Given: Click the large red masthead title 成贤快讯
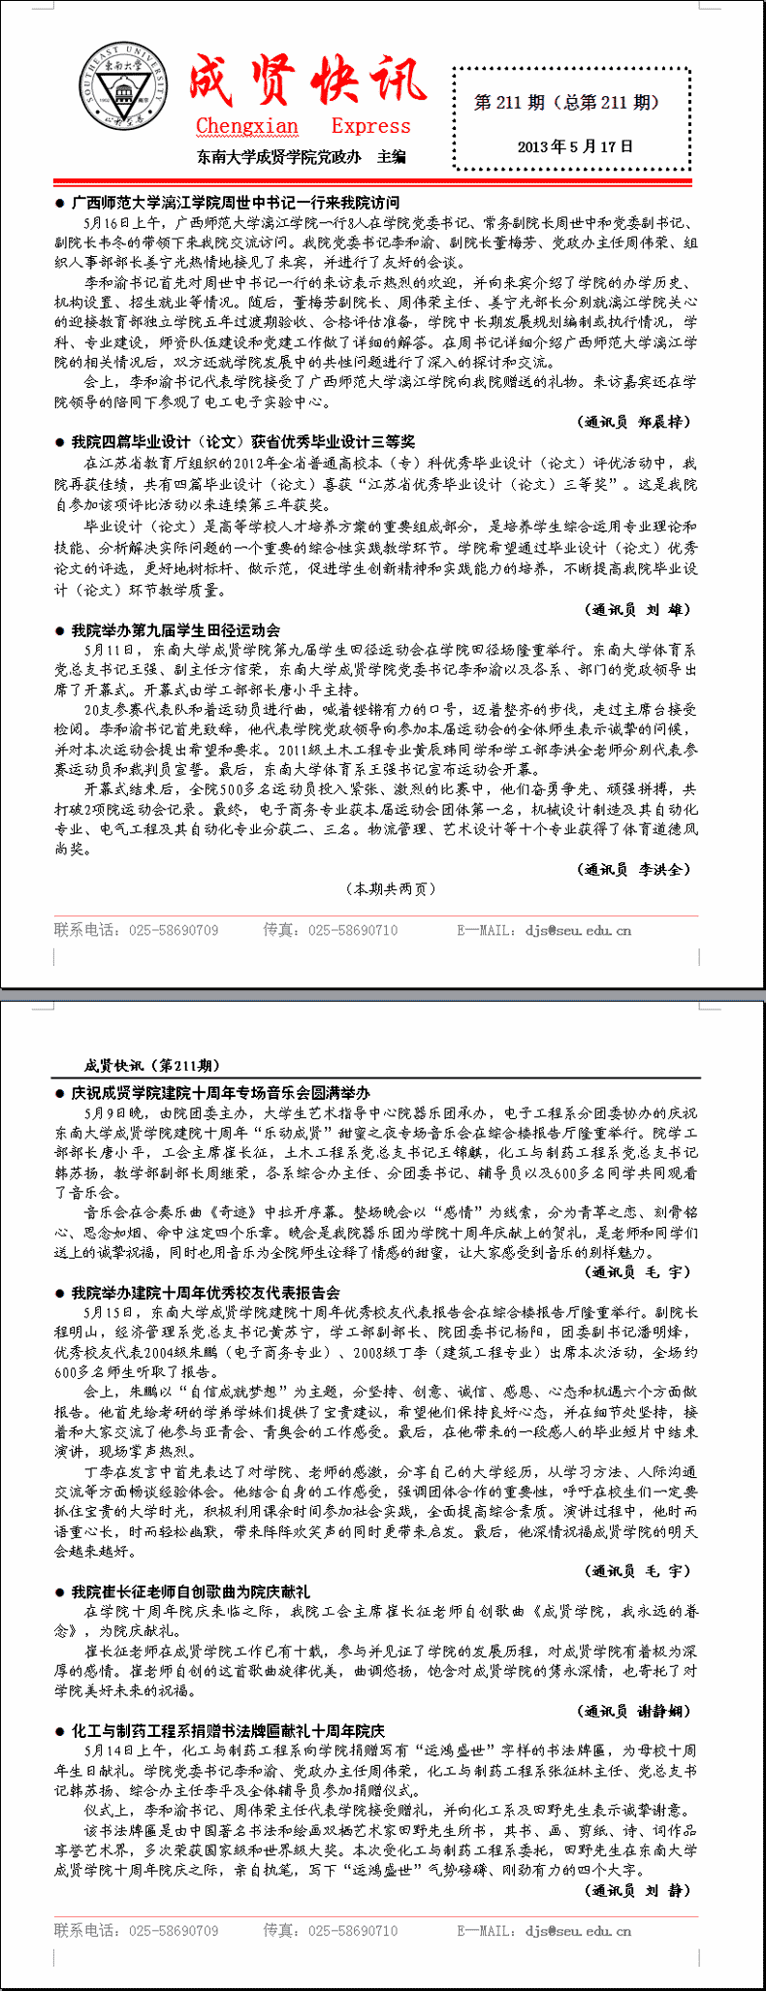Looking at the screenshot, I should coord(306,80).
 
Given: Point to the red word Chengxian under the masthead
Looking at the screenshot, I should coord(247,126).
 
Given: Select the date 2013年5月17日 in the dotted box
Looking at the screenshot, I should coord(575,146).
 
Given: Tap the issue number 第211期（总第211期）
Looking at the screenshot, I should coord(566,102).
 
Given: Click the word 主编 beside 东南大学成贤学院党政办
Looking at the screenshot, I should coord(392,156).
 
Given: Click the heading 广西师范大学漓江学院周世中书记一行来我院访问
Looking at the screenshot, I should coord(235,203).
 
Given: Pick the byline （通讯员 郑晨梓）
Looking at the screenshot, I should coord(634,422).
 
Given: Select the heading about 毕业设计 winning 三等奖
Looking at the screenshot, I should coord(242,441).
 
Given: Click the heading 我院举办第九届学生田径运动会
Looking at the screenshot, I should coord(176,629).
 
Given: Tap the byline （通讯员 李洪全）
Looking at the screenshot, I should coord(634,869).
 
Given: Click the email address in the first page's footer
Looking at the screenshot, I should coord(578,930).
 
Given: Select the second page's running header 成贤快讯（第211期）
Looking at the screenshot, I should coord(152,1066).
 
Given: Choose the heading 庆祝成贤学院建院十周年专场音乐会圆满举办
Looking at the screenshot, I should coord(220,1092).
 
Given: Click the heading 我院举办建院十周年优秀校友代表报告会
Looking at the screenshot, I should coord(206,1292).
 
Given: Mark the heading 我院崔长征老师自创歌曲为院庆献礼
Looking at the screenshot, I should coord(190,1590).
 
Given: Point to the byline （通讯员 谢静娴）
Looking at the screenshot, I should coord(634,1711).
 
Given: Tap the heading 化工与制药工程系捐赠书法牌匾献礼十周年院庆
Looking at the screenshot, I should coord(228,1730).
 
